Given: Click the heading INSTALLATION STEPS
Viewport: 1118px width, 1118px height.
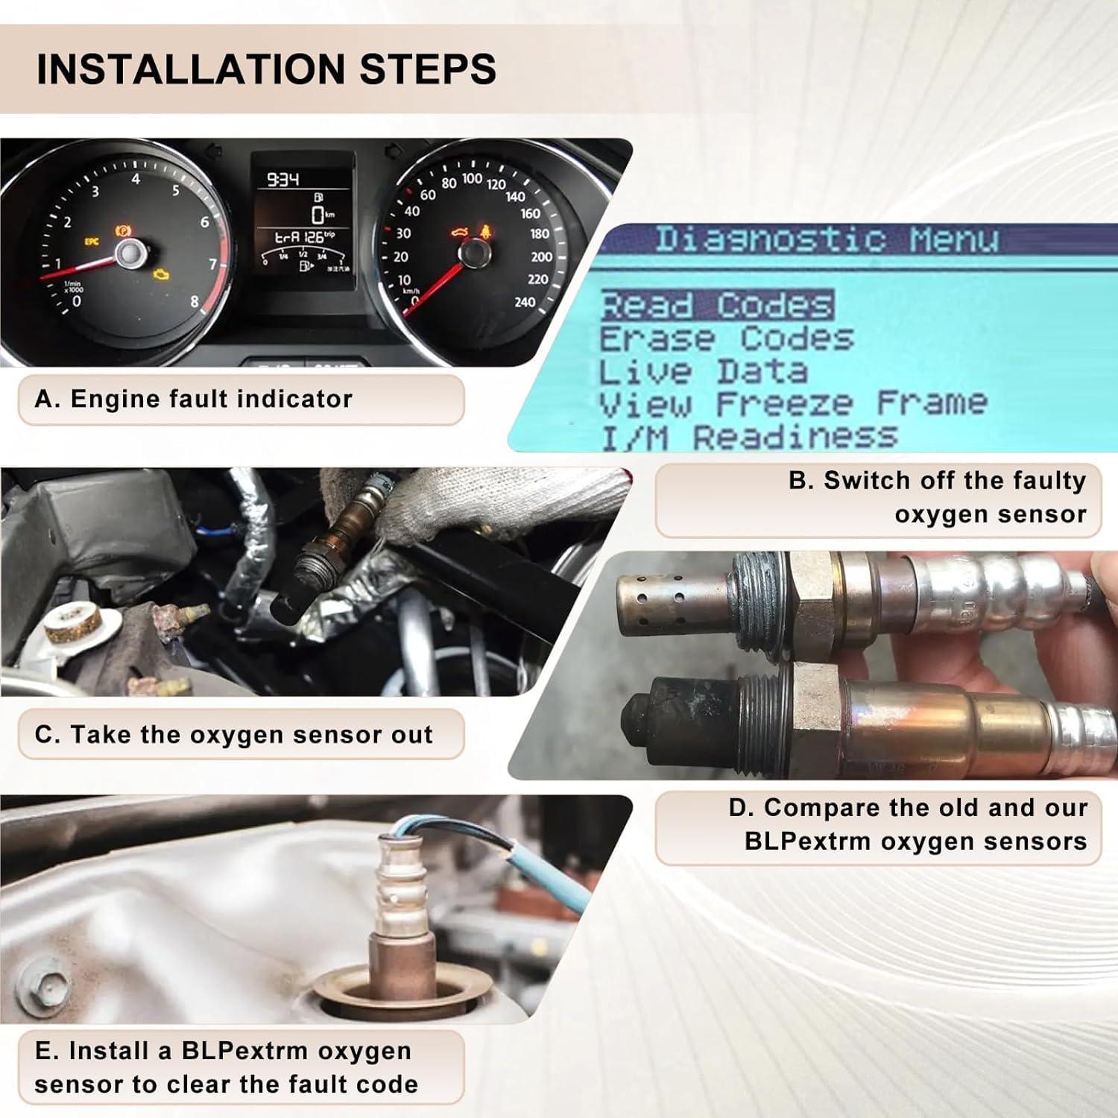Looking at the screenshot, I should (266, 69).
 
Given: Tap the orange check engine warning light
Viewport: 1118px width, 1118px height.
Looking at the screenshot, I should (160, 275).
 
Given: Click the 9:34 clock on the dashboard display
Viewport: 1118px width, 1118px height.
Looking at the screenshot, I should (282, 179).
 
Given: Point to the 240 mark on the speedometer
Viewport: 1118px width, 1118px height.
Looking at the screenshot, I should (525, 302).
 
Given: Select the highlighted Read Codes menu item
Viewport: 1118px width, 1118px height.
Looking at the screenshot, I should (716, 306).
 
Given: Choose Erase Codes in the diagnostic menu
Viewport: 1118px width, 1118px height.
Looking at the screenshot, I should (726, 339).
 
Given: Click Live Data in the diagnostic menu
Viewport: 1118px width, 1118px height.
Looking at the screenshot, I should (703, 372).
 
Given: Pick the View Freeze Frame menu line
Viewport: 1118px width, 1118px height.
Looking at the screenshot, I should (793, 404).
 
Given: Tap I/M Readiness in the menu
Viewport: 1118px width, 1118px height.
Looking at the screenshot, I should (748, 437).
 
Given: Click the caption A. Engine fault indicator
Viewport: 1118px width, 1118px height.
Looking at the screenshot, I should (193, 399).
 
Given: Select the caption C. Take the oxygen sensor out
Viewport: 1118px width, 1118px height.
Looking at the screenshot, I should (233, 735).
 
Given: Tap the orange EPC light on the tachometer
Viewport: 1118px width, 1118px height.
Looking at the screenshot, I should (91, 241).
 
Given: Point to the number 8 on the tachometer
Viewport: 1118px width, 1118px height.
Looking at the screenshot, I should (195, 302).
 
